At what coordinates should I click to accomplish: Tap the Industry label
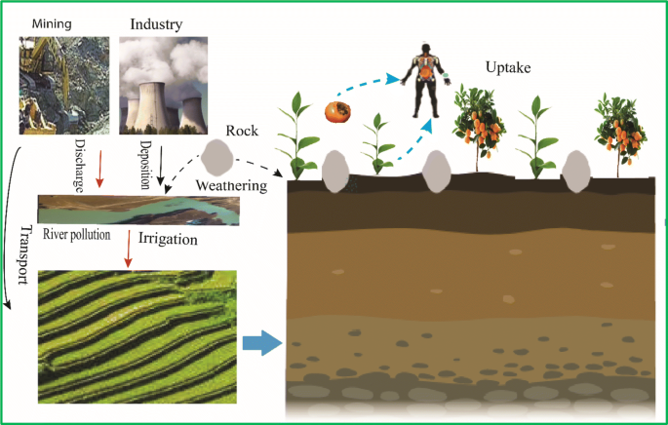pos(157,20)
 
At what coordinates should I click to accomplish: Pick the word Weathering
pos(228,185)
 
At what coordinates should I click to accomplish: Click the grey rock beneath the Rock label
pos(219,156)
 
